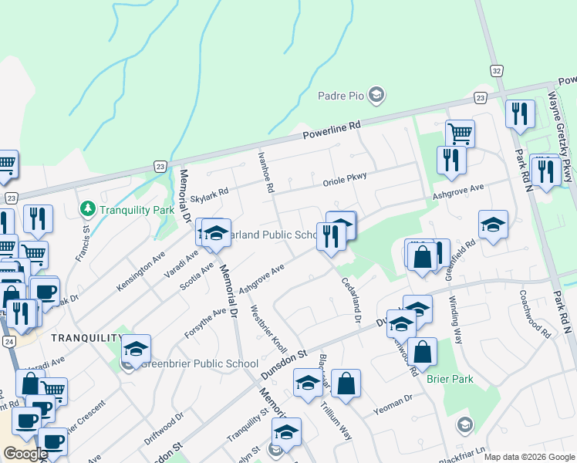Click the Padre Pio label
tap(340, 96)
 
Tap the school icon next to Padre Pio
tap(376, 96)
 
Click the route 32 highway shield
tap(495, 70)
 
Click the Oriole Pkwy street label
tap(344, 180)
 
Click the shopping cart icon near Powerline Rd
tap(460, 133)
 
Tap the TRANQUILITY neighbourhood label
tap(86, 338)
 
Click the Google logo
tap(26, 454)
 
